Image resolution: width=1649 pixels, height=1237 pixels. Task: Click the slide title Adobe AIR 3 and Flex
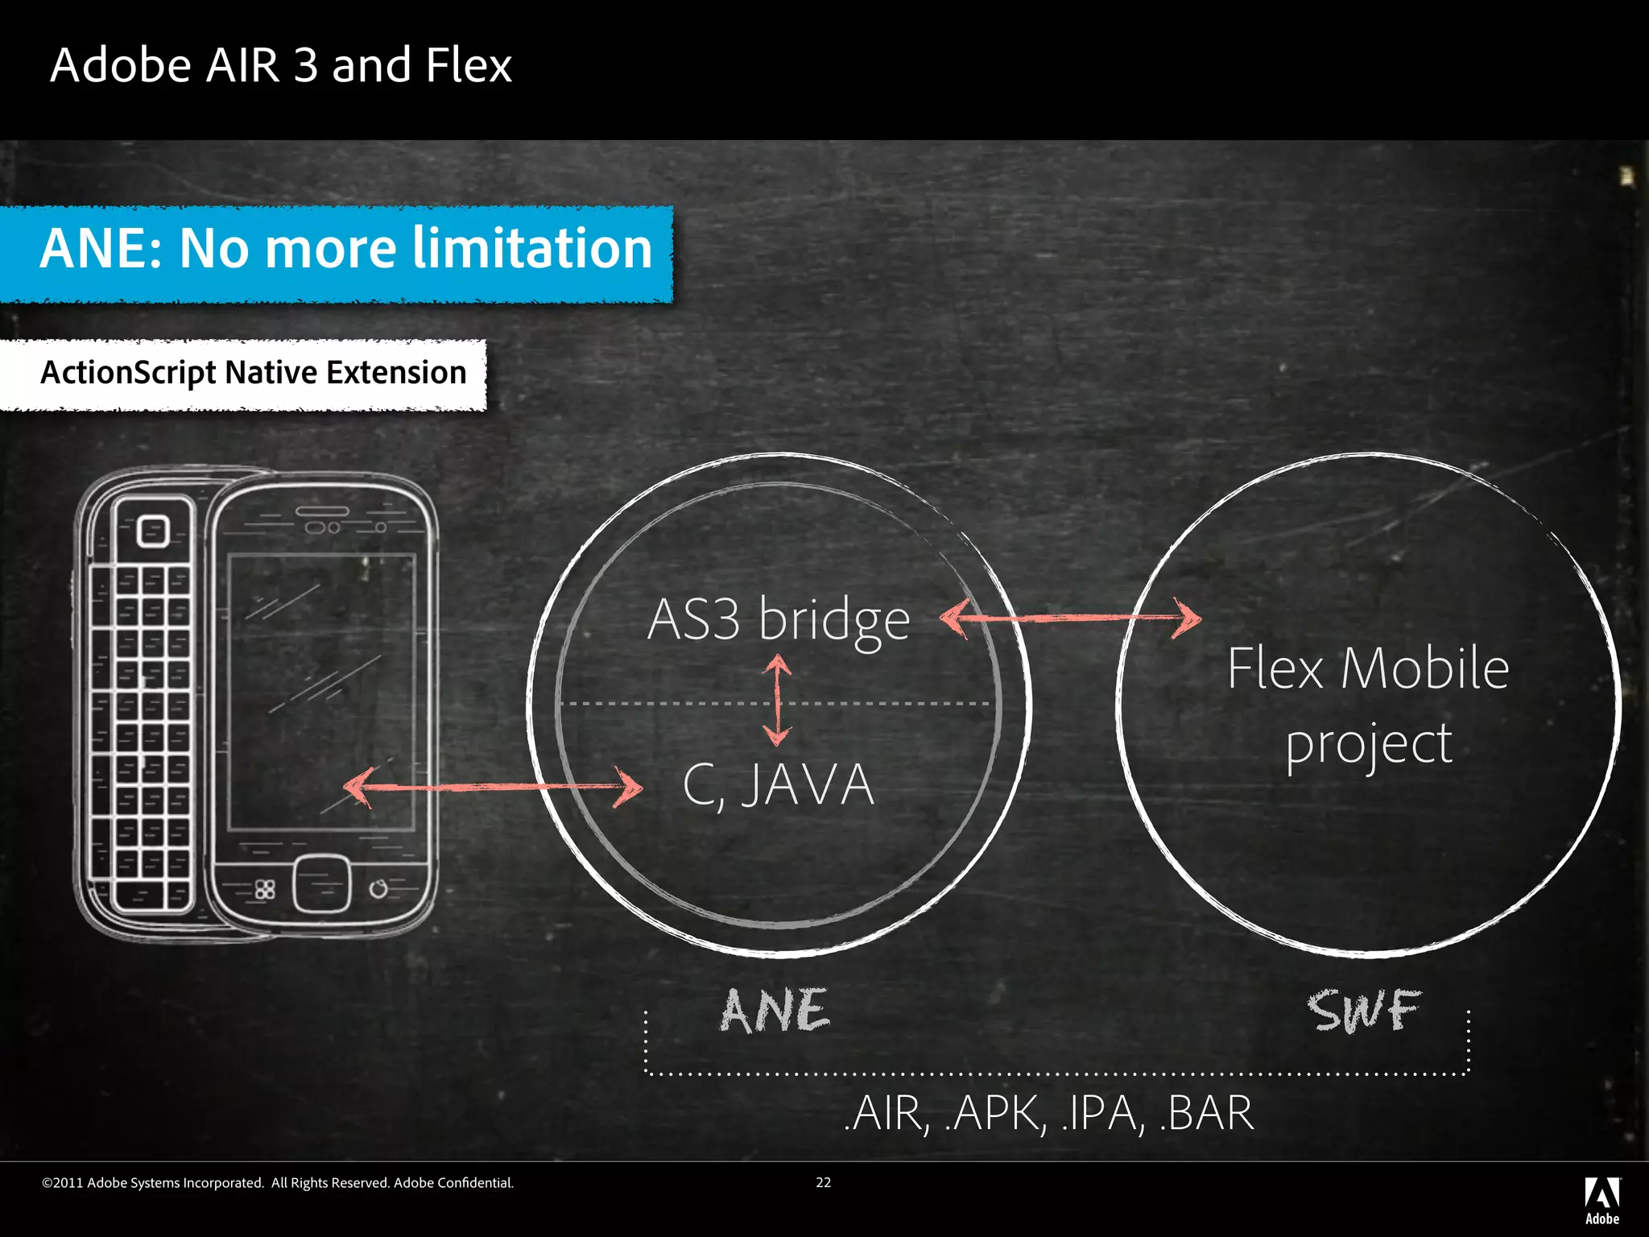pos(280,65)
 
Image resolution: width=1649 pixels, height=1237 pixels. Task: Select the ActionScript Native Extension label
pos(253,373)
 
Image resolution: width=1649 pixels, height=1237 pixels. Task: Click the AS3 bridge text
pos(778,620)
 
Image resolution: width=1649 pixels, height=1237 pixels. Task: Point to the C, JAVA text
pos(778,785)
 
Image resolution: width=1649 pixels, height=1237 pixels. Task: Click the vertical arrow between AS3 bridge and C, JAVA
pos(777,699)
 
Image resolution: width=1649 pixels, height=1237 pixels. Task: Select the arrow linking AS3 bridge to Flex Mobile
pos(1071,618)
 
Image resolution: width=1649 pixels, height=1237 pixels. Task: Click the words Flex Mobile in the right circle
pos(1367,668)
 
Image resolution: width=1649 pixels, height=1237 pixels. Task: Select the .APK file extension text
pos(995,1114)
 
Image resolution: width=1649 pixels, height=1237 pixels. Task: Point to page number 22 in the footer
pos(823,1182)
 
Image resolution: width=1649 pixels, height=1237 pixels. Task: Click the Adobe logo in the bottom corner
pos(1601,1201)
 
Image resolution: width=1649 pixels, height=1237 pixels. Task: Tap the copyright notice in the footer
pos(277,1182)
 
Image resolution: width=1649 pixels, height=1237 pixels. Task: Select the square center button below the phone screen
pos(321,885)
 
